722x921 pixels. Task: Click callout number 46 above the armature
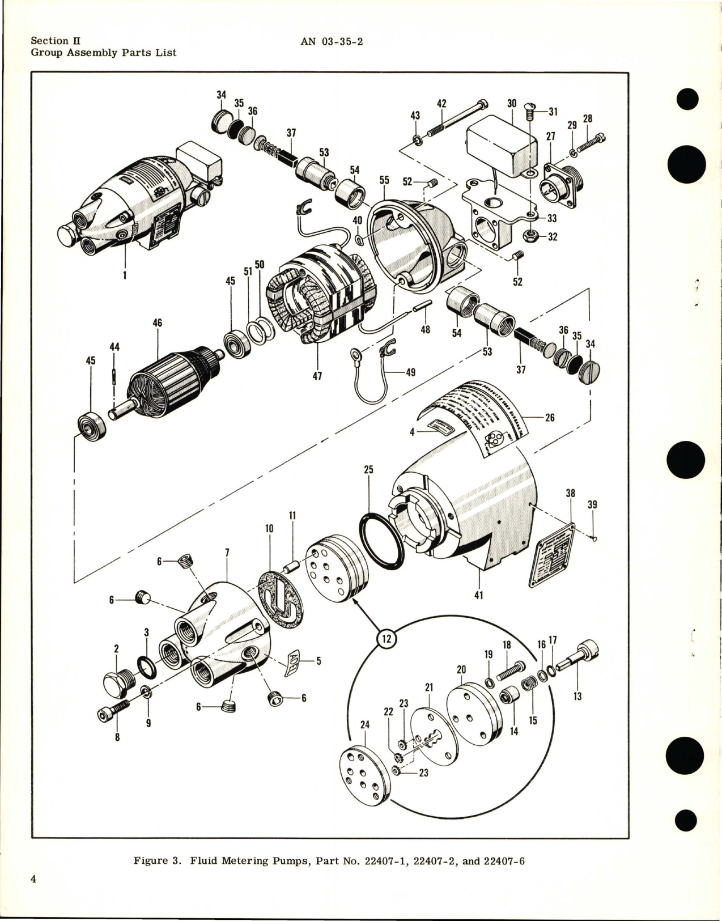click(x=157, y=323)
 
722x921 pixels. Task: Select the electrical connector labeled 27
click(x=557, y=181)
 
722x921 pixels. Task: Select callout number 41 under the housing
click(x=478, y=596)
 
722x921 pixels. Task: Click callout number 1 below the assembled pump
click(x=125, y=275)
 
